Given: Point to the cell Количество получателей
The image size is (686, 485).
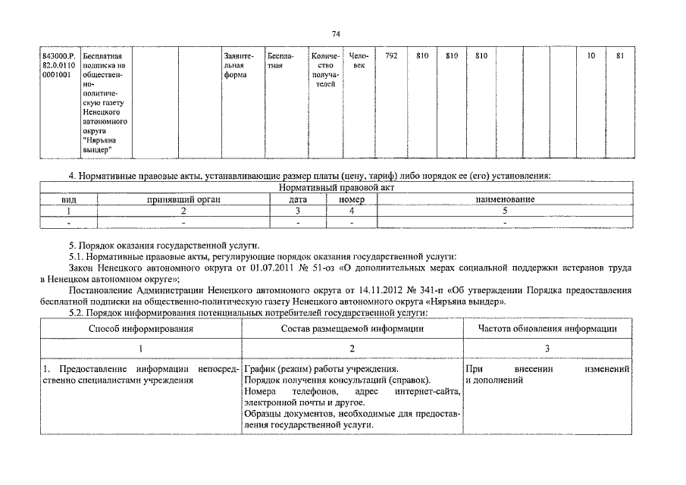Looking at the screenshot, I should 325,70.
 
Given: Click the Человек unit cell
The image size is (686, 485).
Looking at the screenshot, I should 359,61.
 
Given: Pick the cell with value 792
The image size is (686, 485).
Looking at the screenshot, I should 392,56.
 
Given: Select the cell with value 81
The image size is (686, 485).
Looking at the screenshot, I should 620,56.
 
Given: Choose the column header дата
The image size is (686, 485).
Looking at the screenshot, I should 298,199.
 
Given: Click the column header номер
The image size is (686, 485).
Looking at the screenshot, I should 352,199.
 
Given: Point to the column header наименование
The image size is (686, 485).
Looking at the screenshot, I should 505,199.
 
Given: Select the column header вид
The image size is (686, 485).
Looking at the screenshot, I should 69,199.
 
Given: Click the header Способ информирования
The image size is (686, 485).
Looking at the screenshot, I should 140,329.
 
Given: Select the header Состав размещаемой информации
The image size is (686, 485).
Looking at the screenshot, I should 352,329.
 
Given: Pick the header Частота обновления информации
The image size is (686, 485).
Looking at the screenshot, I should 547,329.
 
